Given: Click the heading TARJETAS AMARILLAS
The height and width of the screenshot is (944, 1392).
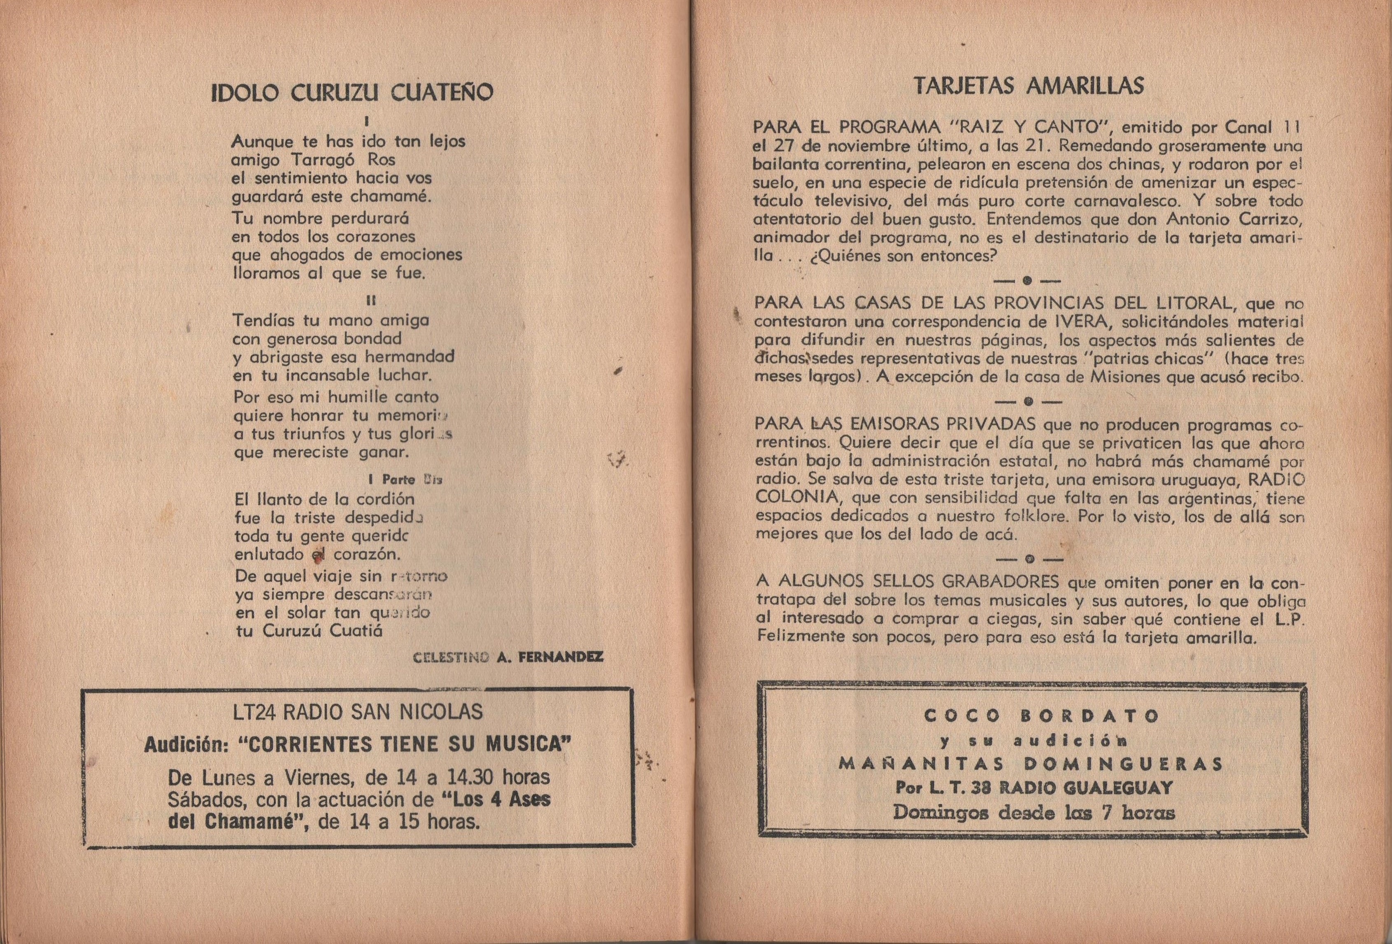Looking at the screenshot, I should click(x=1029, y=87).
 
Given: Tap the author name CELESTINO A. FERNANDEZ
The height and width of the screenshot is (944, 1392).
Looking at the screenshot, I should click(x=508, y=658).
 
